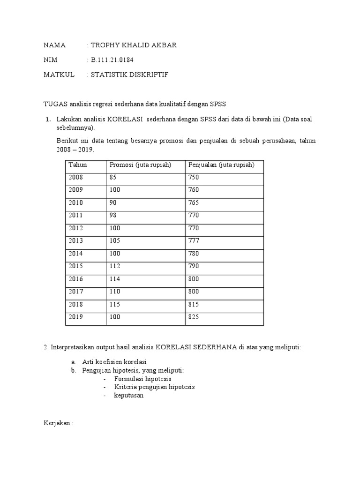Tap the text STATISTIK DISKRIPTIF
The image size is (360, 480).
click(x=129, y=75)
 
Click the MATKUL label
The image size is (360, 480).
click(x=59, y=75)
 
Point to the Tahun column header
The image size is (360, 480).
click(x=78, y=165)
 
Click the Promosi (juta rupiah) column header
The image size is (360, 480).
click(x=140, y=165)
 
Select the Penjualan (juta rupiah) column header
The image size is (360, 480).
click(x=221, y=165)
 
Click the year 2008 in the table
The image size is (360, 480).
click(x=75, y=177)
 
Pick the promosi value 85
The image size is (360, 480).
click(x=113, y=177)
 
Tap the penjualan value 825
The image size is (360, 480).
click(x=194, y=317)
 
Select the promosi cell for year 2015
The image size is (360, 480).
click(x=115, y=266)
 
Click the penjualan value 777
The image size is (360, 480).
click(x=194, y=241)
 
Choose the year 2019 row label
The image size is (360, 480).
click(x=75, y=317)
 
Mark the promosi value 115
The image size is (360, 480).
click(x=115, y=304)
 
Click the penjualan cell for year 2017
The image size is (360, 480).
click(x=194, y=292)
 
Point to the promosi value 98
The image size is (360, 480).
click(x=113, y=215)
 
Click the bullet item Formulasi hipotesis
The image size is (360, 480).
click(x=142, y=378)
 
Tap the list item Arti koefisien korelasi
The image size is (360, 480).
click(x=114, y=362)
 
